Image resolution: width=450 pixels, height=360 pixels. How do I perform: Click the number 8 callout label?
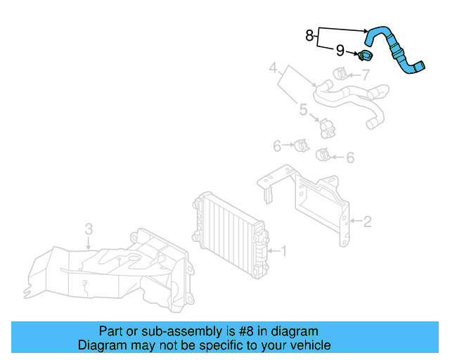tap(309, 36)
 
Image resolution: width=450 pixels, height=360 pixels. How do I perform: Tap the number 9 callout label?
tap(340, 51)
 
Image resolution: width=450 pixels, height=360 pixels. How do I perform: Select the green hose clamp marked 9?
tap(365, 56)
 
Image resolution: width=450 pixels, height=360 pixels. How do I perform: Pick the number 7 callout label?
tap(365, 75)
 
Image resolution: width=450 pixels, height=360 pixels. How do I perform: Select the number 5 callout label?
tap(303, 109)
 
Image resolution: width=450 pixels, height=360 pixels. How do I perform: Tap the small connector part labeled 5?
tap(326, 127)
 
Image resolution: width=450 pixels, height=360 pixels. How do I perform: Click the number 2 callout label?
tap(367, 222)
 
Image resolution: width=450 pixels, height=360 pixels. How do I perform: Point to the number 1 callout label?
tap(283, 250)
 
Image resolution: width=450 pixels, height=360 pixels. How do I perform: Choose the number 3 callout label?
tap(89, 229)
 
